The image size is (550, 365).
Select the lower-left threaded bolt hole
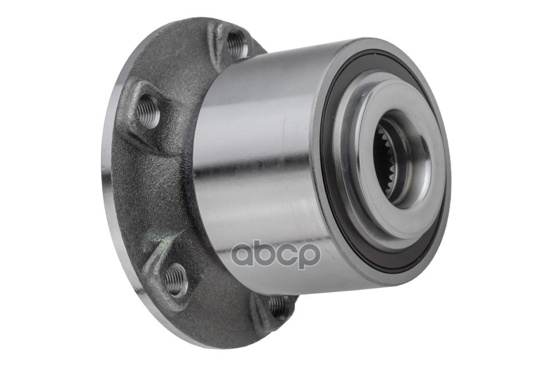tap(175, 280)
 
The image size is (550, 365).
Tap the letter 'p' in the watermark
tap(309, 257)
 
